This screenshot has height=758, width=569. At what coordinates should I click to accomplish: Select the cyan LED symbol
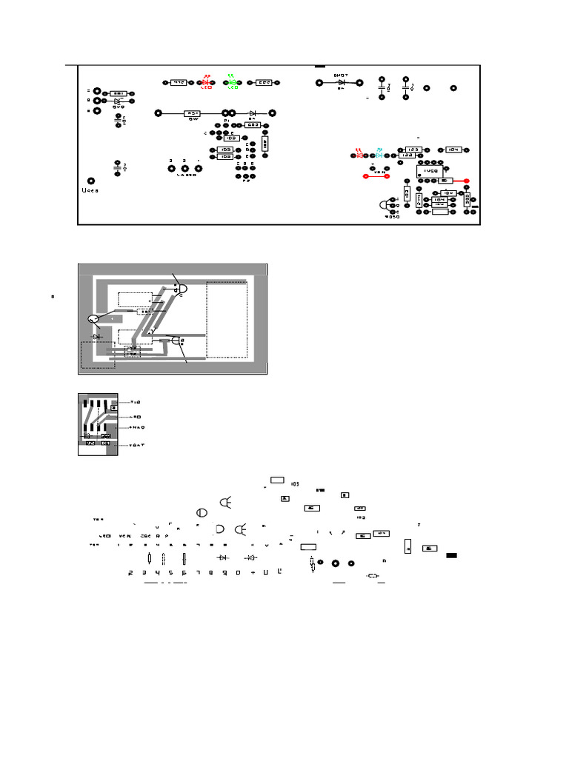tap(379, 154)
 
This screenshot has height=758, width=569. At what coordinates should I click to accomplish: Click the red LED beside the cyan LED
tap(360, 154)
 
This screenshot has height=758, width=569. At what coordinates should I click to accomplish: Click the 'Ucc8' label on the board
tap(90, 191)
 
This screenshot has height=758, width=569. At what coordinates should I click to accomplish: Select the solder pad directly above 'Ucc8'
tap(91, 181)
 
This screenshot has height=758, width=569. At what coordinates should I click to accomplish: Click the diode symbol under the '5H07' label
tap(342, 82)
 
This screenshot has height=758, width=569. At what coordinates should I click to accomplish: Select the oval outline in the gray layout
tap(93, 319)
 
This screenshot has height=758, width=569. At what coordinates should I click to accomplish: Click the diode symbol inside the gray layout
tap(96, 336)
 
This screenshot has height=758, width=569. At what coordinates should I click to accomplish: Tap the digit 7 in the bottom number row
tap(198, 572)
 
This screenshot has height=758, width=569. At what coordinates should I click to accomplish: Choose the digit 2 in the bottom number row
tap(131, 572)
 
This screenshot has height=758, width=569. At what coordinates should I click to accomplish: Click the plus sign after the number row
tap(253, 572)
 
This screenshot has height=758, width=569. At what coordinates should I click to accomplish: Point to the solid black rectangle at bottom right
tap(451, 554)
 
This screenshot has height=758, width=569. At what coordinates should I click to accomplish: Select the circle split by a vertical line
tap(201, 513)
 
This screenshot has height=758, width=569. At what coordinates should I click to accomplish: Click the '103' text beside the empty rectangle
tap(295, 483)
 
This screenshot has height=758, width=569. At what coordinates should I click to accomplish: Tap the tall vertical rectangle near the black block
tap(407, 548)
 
